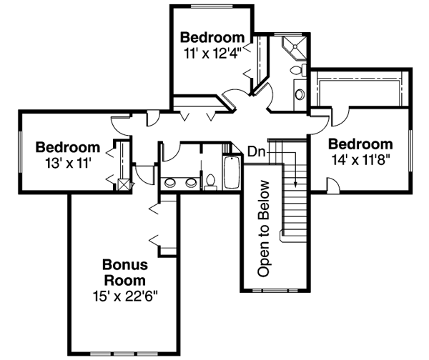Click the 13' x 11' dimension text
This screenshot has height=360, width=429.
coord(67,162)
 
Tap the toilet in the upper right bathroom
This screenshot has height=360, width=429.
coord(301,70)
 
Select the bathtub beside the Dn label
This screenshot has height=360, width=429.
coord(232,172)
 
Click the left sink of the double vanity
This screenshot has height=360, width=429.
coord(171,181)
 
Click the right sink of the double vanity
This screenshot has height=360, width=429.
coord(191,181)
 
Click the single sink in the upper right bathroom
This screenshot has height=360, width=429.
coord(300,94)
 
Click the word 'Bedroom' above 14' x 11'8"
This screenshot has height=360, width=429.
coord(360,143)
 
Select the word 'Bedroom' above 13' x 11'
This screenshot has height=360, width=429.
coord(67,148)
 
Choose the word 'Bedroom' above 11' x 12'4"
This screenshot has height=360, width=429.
coord(212,36)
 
